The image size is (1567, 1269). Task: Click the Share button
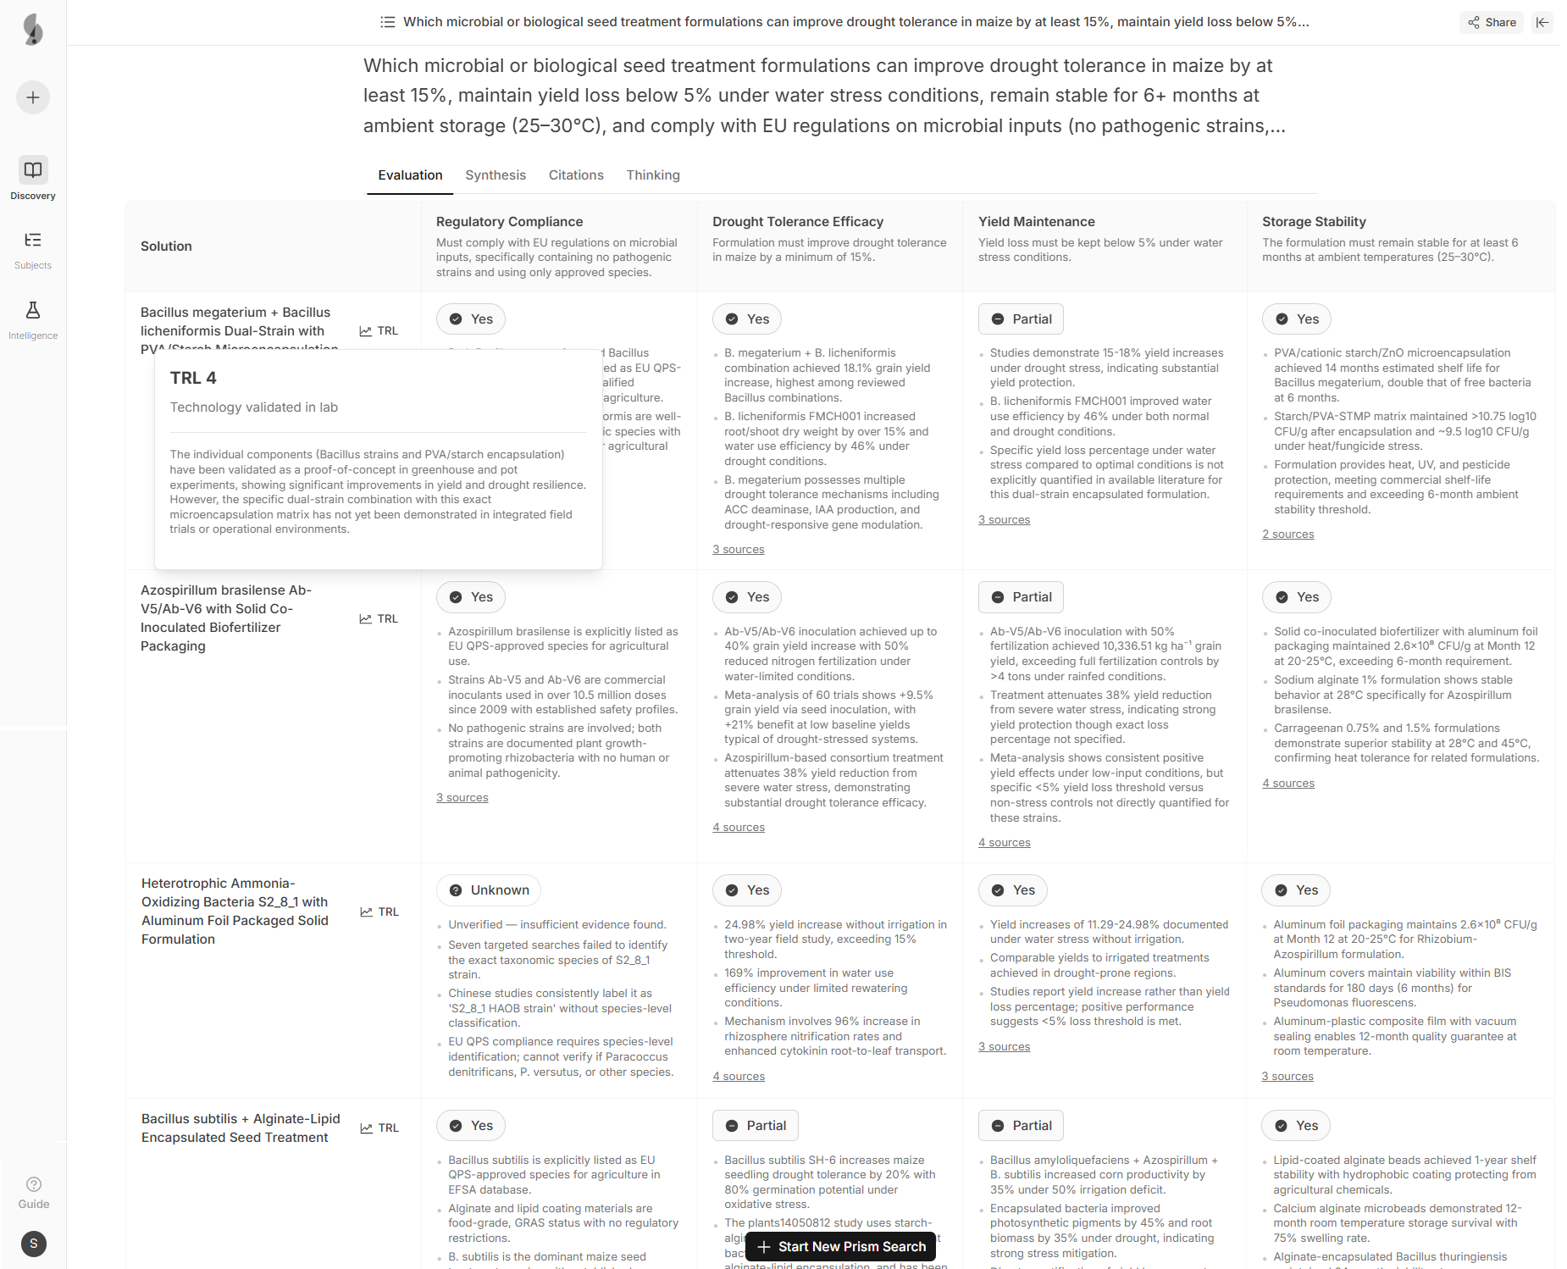click(x=1492, y=22)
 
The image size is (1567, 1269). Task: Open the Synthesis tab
click(x=495, y=175)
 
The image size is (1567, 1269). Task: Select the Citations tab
click(x=576, y=175)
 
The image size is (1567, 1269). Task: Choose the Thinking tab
click(x=652, y=175)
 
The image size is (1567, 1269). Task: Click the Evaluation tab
click(x=410, y=175)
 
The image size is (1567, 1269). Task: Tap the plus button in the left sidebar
click(x=33, y=97)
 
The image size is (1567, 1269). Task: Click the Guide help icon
click(x=34, y=1184)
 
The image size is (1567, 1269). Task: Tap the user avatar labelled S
click(x=34, y=1244)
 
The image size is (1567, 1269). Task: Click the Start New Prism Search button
click(x=841, y=1247)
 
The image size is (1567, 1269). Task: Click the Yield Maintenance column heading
click(x=1036, y=222)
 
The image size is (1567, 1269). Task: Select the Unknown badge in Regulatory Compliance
click(x=489, y=890)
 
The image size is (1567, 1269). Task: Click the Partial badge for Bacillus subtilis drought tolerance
click(x=756, y=1126)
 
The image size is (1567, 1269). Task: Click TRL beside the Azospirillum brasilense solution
click(x=379, y=619)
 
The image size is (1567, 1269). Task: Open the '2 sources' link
click(x=1287, y=535)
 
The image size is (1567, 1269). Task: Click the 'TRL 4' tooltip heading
click(x=193, y=379)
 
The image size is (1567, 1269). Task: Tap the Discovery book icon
click(x=33, y=170)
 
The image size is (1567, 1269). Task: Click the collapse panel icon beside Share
click(x=1542, y=22)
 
